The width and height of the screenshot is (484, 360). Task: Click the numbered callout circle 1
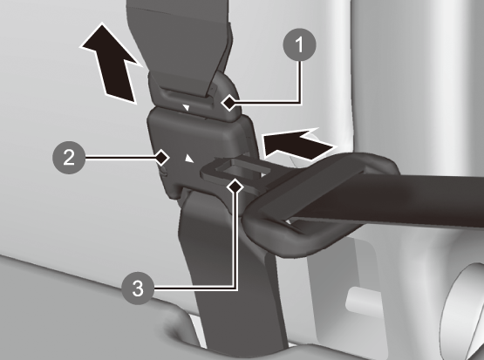coord(299,44)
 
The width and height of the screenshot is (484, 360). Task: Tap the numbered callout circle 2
coord(69,158)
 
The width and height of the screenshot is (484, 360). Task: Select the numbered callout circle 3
coord(138,289)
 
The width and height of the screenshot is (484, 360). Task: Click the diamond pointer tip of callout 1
coord(229,103)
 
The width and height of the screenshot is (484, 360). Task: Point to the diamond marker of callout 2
coord(161,158)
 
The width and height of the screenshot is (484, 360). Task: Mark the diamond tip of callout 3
coord(235,187)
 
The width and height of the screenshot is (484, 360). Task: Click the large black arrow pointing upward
coord(111,64)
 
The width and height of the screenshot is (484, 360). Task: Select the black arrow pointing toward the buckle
coord(298,145)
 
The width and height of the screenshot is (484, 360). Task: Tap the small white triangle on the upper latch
coord(186,108)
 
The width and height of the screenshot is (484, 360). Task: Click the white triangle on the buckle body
coord(189,159)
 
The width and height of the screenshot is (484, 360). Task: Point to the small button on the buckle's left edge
coord(164,171)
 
